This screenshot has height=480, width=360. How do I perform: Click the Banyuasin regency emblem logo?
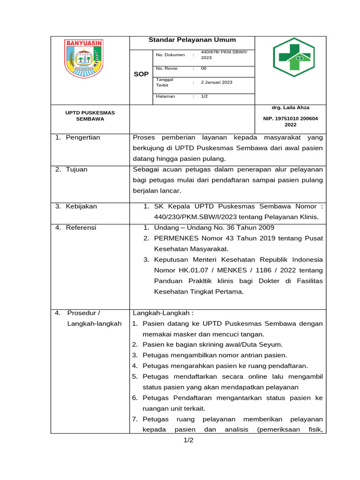click(84, 59)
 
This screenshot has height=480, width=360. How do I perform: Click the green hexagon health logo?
click(294, 57)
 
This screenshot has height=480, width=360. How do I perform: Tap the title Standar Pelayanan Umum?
click(192, 40)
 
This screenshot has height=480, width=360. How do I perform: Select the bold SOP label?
click(141, 75)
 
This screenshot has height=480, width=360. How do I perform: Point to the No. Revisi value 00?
click(203, 68)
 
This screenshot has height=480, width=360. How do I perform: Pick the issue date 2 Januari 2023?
click(217, 82)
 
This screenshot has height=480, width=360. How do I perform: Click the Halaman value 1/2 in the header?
click(204, 96)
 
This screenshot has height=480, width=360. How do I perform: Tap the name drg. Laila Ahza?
click(290, 107)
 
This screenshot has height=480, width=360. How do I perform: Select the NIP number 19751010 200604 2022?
click(290, 122)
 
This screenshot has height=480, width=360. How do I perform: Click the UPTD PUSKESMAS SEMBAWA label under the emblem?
click(90, 116)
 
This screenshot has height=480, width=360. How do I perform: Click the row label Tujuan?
click(76, 169)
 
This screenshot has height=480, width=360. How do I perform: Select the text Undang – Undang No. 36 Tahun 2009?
click(214, 227)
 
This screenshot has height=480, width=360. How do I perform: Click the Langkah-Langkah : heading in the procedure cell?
click(163, 313)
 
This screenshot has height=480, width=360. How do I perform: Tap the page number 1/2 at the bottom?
click(188, 440)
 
